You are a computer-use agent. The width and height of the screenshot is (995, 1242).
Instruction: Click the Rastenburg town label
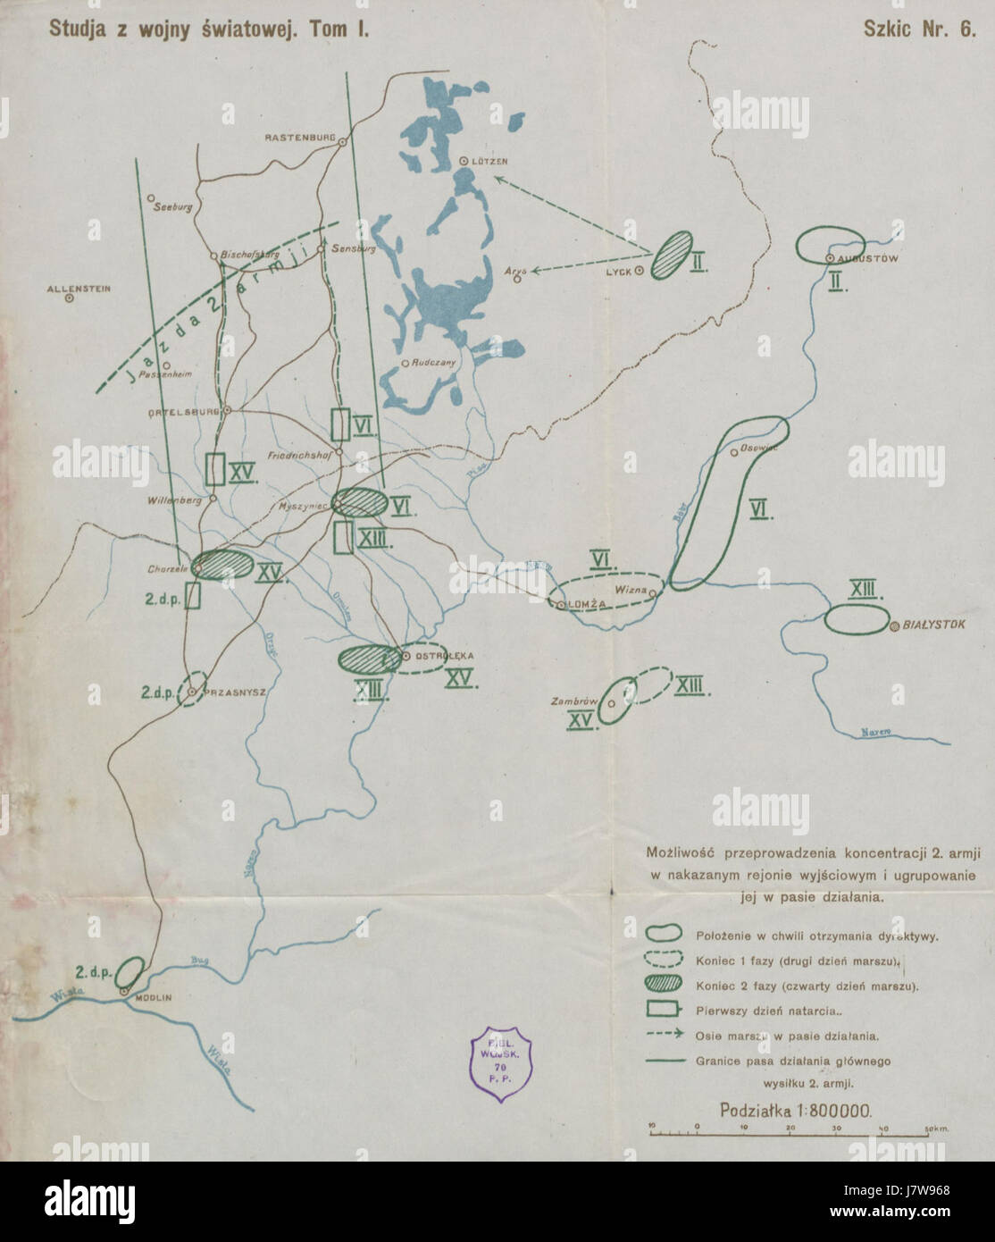point(298,138)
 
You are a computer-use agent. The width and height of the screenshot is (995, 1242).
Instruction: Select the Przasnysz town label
point(226,691)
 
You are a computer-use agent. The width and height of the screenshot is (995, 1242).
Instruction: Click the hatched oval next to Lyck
point(671,254)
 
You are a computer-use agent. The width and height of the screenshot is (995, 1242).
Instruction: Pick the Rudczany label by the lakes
point(434,363)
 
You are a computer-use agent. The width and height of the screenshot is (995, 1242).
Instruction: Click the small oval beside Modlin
point(131,971)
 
